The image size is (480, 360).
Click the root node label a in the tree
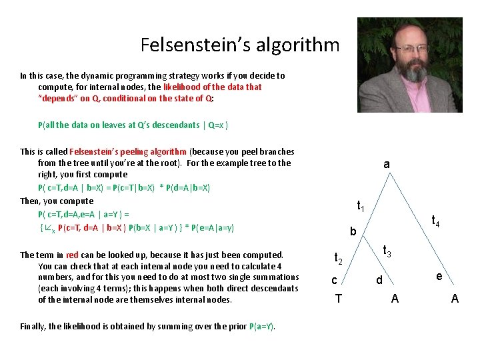click(x=387, y=164)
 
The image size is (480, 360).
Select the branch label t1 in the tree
click(x=360, y=206)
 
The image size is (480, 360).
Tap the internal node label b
click(x=353, y=232)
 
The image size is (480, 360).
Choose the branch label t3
click(x=387, y=251)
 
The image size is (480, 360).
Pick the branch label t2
click(x=338, y=259)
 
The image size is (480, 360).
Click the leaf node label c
click(x=335, y=280)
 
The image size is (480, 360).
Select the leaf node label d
click(x=379, y=280)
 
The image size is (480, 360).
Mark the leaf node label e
click(x=439, y=276)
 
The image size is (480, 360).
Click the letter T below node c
click(x=338, y=298)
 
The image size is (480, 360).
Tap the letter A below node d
click(x=395, y=298)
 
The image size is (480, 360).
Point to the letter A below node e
click(x=455, y=298)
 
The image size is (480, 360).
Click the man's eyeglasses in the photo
click(x=412, y=48)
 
